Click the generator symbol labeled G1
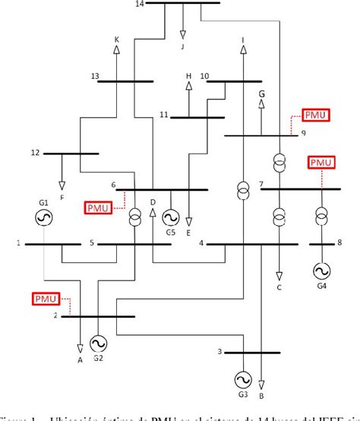click(43, 218)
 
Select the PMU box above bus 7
click(321, 163)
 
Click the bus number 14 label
click(138, 5)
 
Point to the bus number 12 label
click(35, 153)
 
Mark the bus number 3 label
click(219, 351)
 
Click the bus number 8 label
click(339, 243)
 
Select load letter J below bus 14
click(182, 46)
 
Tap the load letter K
click(116, 40)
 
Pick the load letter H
click(189, 77)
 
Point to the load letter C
click(279, 288)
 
